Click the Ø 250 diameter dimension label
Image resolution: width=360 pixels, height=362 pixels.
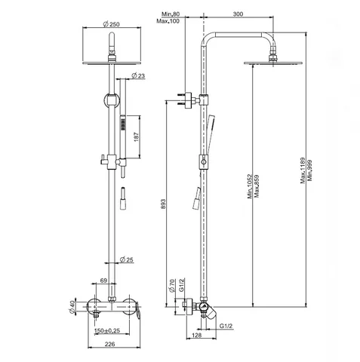[111, 24]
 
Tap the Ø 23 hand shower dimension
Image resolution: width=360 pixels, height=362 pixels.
[138, 75]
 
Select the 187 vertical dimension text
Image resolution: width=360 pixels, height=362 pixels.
[136, 137]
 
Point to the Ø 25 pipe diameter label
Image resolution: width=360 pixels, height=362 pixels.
[127, 259]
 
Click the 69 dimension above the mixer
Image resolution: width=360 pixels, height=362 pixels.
[103, 281]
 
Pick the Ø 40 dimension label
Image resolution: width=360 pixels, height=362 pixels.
[72, 307]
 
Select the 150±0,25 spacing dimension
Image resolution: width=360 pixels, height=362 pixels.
[107, 330]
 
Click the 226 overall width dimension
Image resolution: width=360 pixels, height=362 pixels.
[109, 344]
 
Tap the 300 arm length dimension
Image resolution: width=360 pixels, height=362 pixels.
[238, 14]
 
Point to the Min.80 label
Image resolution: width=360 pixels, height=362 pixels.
[171, 14]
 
